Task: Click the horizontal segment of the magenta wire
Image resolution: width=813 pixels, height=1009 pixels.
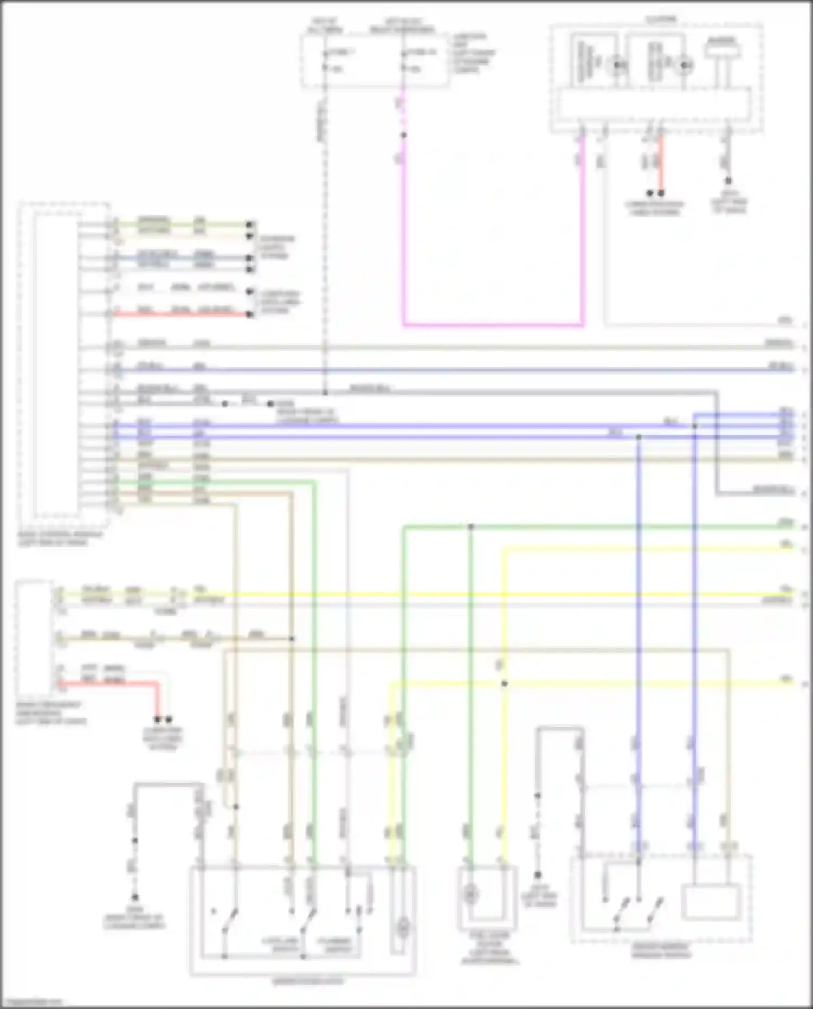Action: [x=493, y=326]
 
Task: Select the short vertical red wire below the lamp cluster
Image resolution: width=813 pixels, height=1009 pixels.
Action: [x=661, y=163]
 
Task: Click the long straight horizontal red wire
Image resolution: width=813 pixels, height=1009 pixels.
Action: [x=179, y=314]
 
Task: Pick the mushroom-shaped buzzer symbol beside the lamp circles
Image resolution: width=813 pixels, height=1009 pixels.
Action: [x=722, y=50]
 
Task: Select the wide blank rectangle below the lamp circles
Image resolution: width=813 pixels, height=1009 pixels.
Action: [x=655, y=103]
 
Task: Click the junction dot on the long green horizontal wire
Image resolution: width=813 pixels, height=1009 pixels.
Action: [x=470, y=526]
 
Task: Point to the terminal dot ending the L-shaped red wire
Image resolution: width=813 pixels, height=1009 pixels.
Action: [x=158, y=719]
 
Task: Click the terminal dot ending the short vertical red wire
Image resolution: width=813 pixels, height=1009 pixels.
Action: [x=661, y=193]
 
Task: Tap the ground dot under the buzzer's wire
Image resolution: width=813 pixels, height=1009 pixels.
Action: [x=728, y=181]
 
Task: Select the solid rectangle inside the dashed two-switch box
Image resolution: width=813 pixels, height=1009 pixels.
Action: [x=711, y=903]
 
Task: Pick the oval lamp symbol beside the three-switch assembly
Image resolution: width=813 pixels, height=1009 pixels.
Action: [x=402, y=929]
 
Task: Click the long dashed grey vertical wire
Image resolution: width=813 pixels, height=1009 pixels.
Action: [x=325, y=244]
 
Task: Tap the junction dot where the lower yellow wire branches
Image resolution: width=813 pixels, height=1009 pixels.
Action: [x=504, y=684]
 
